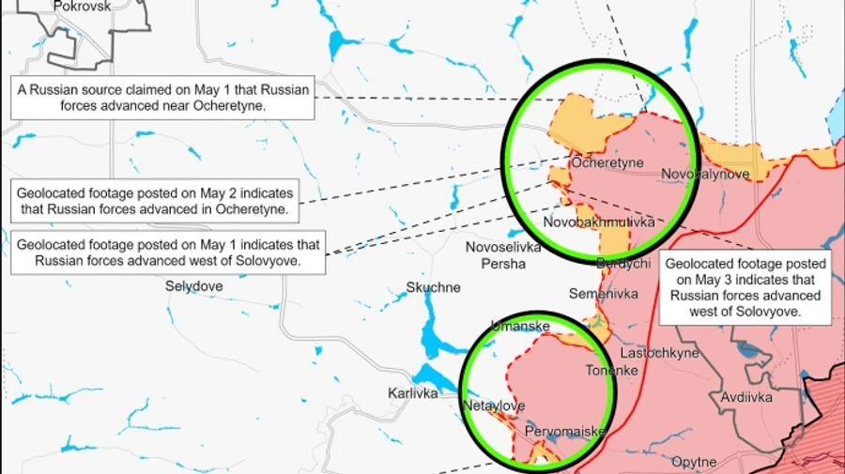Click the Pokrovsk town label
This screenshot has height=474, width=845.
click(83, 6)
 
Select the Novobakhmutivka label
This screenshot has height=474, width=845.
click(599, 222)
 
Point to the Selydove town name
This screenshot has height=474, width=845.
click(193, 285)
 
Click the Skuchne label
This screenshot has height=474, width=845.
click(433, 287)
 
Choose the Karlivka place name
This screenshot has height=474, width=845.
click(413, 393)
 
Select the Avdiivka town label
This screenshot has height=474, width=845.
click(746, 398)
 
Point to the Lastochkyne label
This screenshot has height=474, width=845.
click(660, 353)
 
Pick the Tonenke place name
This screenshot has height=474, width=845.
click(612, 370)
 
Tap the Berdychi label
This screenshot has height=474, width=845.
click(623, 264)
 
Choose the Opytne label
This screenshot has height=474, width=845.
click(694, 462)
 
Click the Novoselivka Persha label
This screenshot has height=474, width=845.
click(503, 255)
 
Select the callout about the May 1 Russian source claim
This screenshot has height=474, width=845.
click(162, 99)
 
